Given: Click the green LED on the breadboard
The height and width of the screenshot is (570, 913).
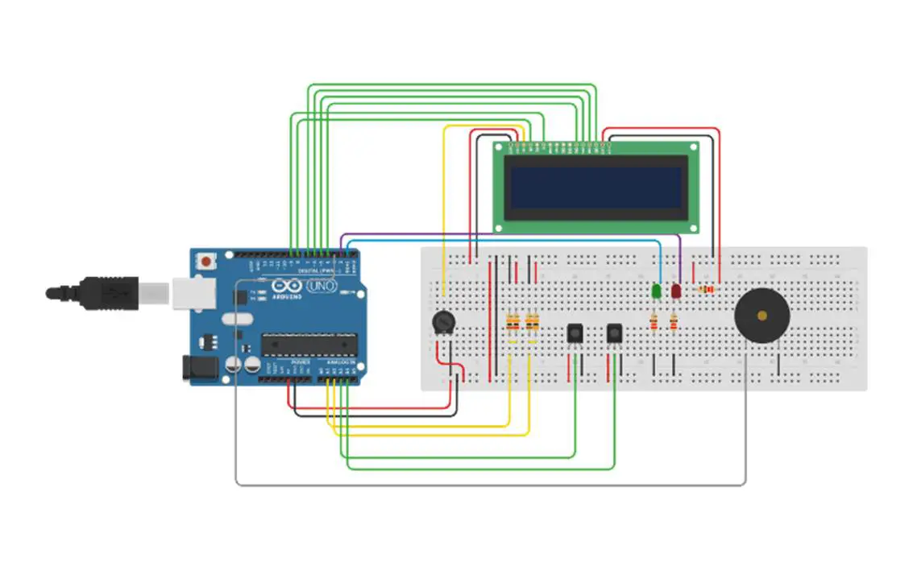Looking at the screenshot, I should [x=658, y=290].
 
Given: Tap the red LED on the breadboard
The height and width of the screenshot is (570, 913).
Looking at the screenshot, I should [x=675, y=290].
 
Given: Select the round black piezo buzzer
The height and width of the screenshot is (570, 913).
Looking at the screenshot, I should [x=762, y=316].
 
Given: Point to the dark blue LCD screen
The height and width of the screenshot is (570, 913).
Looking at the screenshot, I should [x=596, y=188].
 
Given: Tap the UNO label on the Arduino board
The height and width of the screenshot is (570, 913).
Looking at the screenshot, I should [x=323, y=286].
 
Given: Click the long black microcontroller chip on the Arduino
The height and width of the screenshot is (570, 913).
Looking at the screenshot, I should [x=308, y=345].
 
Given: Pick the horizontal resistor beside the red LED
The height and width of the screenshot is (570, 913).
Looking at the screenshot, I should [x=708, y=290].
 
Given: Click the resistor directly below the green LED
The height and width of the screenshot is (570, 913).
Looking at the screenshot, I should [x=654, y=323].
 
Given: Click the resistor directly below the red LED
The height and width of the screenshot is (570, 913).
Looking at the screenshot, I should [x=672, y=323].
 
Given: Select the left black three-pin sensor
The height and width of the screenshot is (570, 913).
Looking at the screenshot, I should [x=575, y=332].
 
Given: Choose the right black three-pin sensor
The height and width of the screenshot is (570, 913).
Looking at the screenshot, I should [x=614, y=332].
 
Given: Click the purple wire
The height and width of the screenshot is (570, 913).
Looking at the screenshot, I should [x=516, y=235].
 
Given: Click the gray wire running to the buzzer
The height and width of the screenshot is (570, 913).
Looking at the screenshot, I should [x=483, y=485].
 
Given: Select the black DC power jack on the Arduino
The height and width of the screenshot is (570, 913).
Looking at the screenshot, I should [x=201, y=369].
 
